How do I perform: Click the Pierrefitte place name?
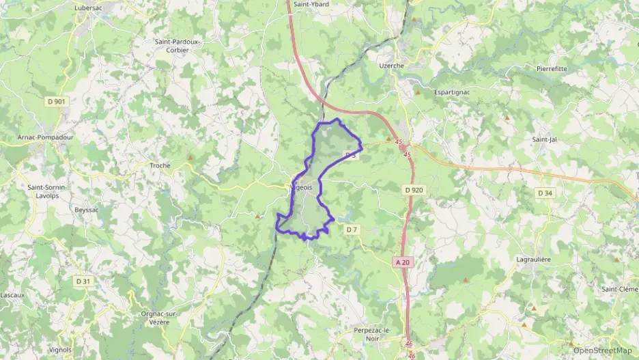tap(552, 68)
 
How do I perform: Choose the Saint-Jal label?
tap(545, 139)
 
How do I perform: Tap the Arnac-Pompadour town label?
tap(45, 137)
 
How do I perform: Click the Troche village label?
tap(160, 165)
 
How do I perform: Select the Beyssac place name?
tap(87, 210)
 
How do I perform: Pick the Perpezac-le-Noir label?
tap(372, 335)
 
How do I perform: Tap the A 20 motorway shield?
tap(403, 262)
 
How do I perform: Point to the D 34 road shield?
tap(545, 193)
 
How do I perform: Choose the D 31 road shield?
tap(83, 281)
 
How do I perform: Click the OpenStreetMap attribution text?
tap(602, 350)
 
